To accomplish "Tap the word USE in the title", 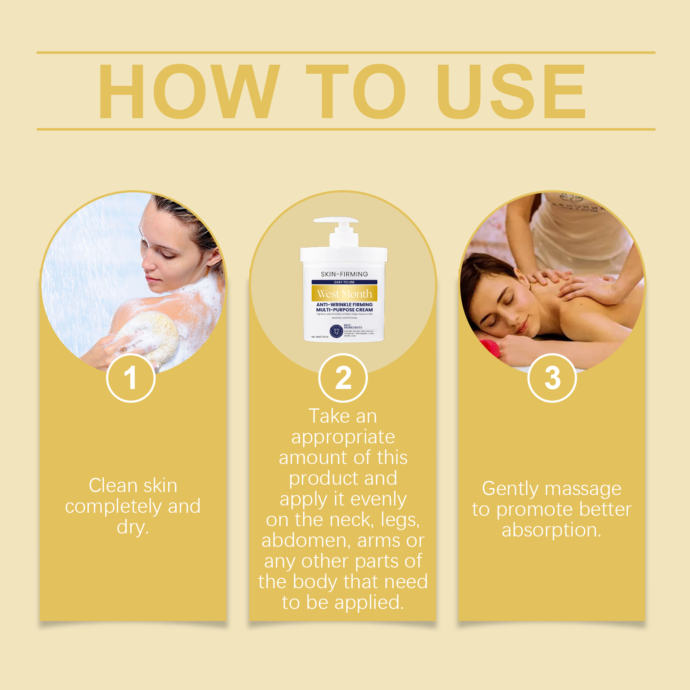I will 511,91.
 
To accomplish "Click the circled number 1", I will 131,378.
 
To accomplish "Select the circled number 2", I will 343,378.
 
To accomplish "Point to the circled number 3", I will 552,378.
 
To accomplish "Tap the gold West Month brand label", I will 344,294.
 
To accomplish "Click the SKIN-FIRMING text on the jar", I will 344,274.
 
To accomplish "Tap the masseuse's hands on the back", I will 574,285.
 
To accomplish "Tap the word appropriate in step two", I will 343,437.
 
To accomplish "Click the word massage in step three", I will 583,489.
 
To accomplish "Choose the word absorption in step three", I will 551,530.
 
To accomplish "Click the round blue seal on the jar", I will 336,331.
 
